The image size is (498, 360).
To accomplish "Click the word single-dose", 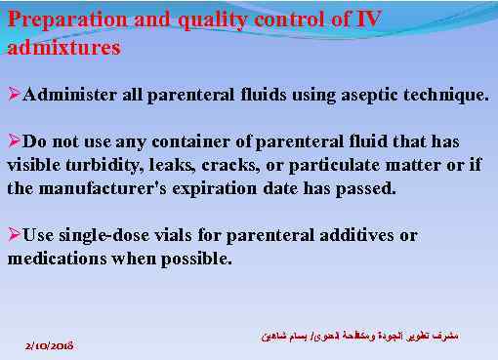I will point(107,235).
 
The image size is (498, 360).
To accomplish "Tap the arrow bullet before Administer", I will point(14,95).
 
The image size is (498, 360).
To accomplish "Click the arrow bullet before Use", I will point(14,235).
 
